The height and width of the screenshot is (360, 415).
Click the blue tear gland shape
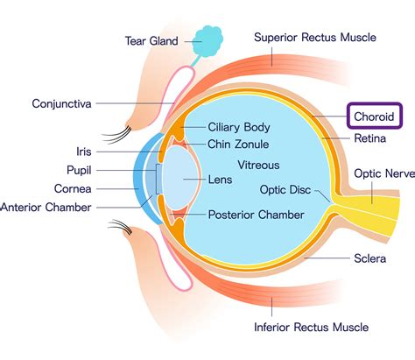[x=208, y=41]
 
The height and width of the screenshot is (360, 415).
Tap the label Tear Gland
[x=151, y=41]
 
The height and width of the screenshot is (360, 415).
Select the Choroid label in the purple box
[x=374, y=116]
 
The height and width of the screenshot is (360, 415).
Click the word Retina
[x=369, y=138]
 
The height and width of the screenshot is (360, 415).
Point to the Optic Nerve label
[x=384, y=173]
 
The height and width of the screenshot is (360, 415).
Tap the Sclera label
[x=369, y=258]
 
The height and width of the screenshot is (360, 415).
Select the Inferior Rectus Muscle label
[x=311, y=327]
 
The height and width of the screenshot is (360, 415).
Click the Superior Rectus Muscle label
[x=315, y=38]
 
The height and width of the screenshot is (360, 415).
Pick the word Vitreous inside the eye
[x=258, y=166]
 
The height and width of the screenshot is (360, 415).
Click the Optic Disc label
[x=285, y=190]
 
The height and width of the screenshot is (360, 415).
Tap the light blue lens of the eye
[x=179, y=178]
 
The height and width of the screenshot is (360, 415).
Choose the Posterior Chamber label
[x=256, y=215]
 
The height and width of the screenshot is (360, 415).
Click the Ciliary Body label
[x=239, y=127]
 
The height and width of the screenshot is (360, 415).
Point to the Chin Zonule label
[x=238, y=145]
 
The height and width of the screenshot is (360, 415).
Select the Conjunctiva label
[x=61, y=104]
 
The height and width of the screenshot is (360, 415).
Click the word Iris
[x=84, y=152]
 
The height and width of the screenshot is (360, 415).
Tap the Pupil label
[x=79, y=170]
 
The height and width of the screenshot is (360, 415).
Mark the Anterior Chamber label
[x=46, y=208]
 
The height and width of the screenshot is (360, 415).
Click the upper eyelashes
[x=117, y=134]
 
